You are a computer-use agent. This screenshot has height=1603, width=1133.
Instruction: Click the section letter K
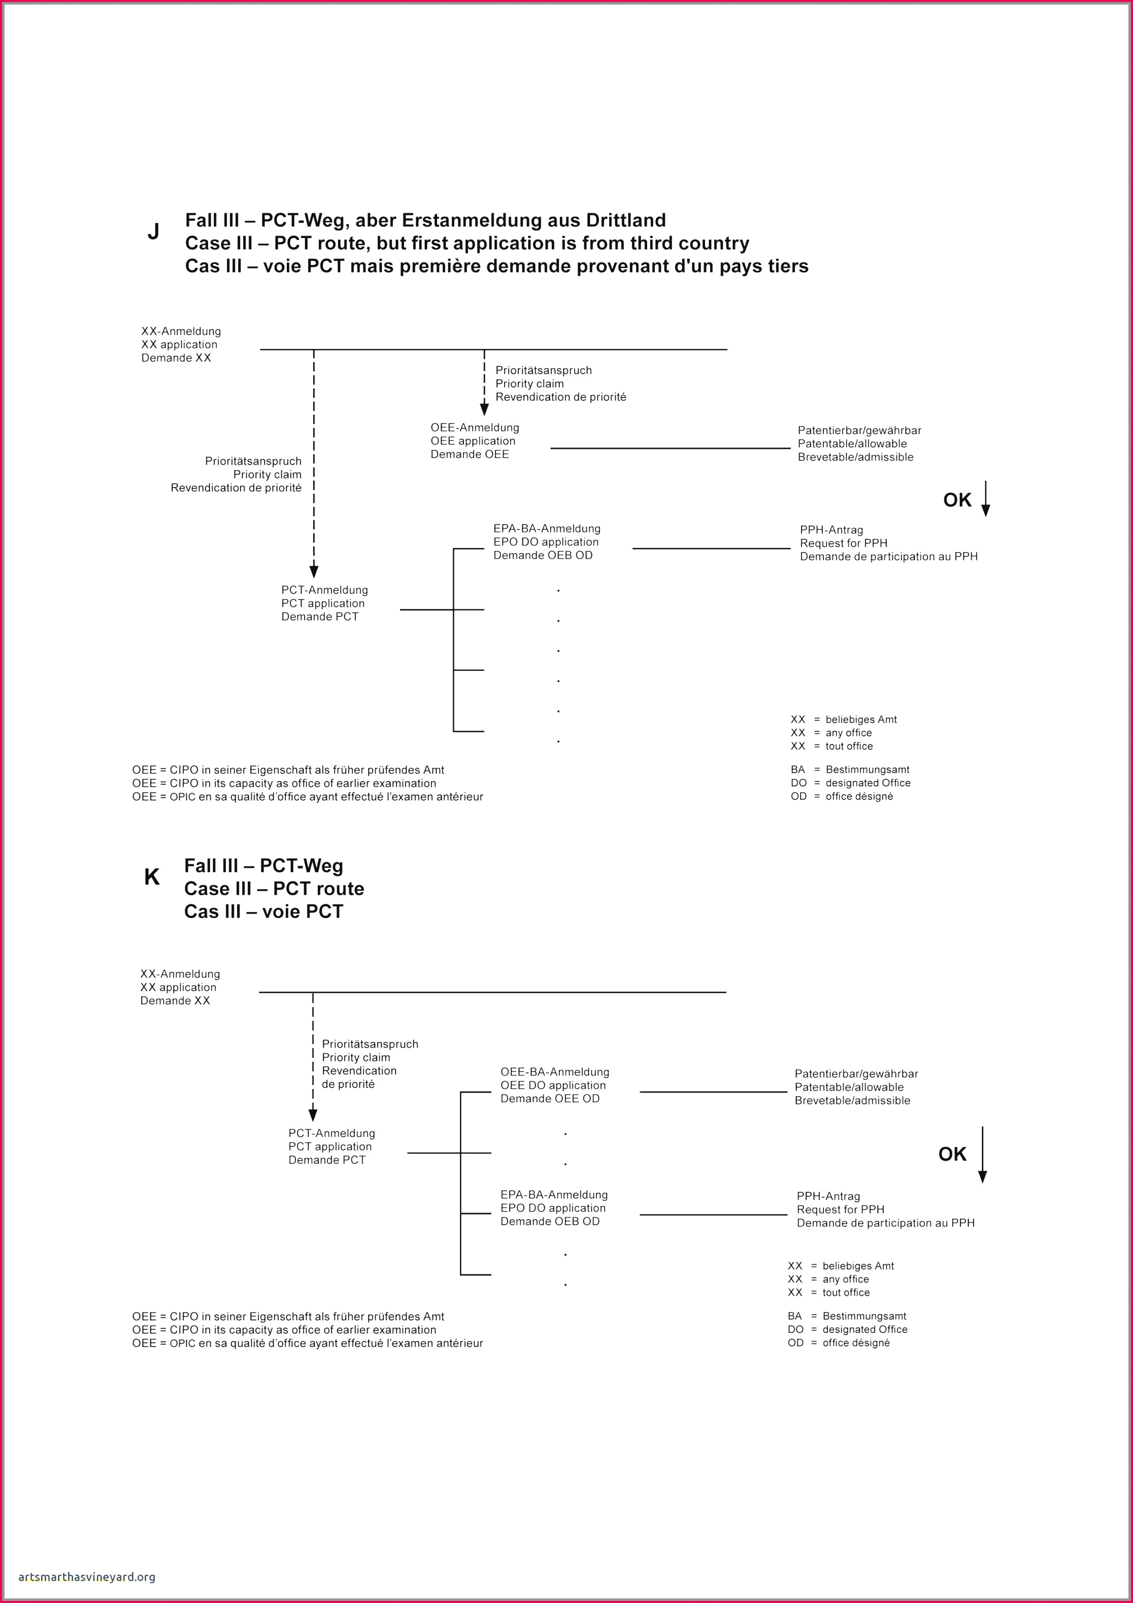151,877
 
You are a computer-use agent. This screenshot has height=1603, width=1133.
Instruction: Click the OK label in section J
957,500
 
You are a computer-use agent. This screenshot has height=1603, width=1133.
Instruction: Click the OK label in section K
952,1154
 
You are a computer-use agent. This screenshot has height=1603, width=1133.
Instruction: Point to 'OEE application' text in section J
473,441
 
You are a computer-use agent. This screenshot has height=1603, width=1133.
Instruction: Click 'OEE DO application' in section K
553,1085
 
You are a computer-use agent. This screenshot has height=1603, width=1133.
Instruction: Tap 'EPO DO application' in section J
546,542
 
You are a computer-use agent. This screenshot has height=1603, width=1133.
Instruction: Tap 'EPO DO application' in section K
553,1208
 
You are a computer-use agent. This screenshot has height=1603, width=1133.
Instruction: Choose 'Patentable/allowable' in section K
849,1087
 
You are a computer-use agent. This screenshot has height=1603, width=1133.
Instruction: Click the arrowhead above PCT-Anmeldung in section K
313,1115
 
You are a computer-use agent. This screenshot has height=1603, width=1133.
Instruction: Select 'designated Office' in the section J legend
868,782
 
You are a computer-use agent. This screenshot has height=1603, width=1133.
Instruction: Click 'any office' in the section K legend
845,1279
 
